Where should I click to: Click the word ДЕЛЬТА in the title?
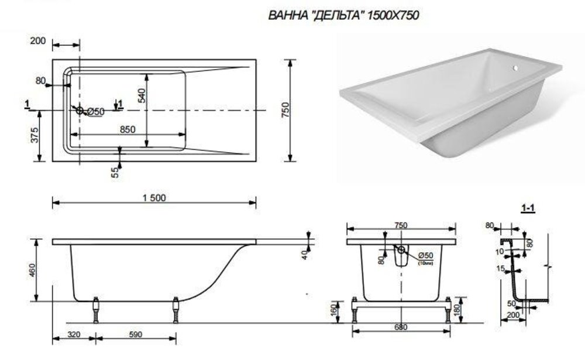coord(336,15)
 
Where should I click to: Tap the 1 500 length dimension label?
coord(154,197)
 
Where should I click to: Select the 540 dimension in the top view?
coord(141,95)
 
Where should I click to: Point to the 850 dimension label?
coord(128,129)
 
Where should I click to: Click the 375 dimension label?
coord(35,135)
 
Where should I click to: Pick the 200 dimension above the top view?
coord(37,41)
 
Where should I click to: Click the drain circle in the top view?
coord(80,110)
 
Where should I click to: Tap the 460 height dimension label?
coord(32,270)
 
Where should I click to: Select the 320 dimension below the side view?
coord(74,334)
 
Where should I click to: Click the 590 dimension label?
coord(135,334)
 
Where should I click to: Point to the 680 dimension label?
coord(400,327)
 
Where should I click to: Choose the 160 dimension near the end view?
coord(334,308)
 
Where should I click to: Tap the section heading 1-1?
coord(528,208)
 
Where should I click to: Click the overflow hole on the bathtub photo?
coord(515,68)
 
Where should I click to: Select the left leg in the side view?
coord(96,310)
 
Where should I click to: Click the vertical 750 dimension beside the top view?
coord(284,110)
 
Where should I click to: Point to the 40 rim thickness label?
coord(304,255)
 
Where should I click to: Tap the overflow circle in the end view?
coord(401,250)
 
